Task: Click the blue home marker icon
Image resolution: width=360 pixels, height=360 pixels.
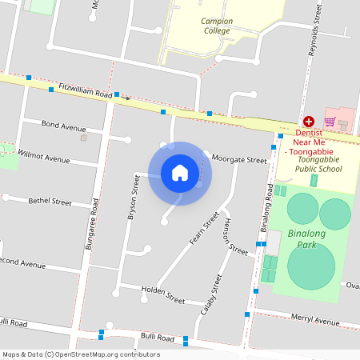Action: point(179,173)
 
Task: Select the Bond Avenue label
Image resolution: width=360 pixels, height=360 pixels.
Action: point(63,126)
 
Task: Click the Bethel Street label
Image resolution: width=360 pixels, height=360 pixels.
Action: point(50,201)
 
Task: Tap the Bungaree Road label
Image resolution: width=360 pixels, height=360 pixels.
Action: point(91,223)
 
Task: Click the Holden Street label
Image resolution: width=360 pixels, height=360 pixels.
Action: point(162,293)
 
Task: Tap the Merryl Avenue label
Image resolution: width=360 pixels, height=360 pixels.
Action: point(314,320)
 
